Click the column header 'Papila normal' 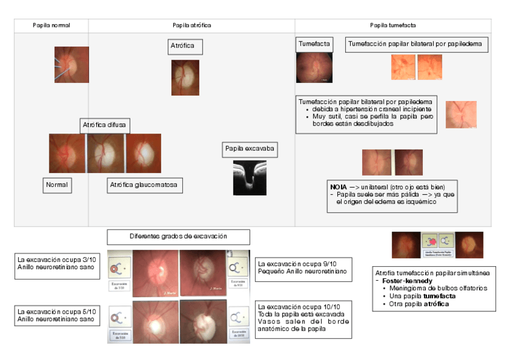point(51,25)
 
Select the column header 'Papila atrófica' point(191,25)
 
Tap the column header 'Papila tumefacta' point(393,25)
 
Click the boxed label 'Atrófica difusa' point(105,125)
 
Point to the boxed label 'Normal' point(57,185)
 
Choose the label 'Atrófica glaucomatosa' point(144,185)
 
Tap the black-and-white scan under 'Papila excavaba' point(250,177)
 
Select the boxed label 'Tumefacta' point(315,44)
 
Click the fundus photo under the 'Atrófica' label point(185,78)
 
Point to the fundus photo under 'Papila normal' point(72,64)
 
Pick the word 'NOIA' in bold point(339,186)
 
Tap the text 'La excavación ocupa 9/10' point(295,264)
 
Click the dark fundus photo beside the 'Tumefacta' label point(314,67)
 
